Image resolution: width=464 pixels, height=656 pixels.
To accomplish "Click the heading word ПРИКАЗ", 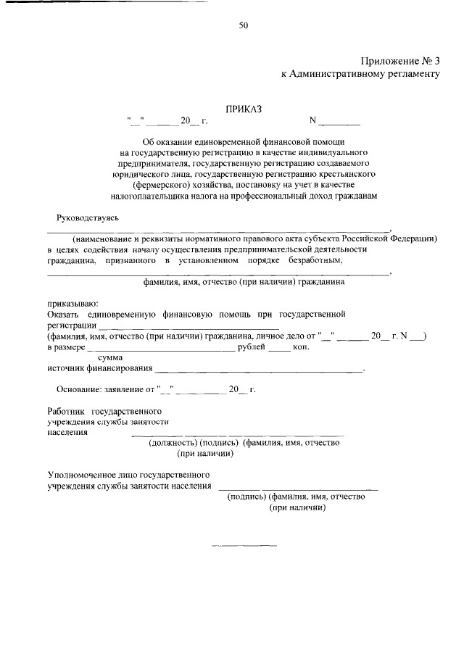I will (x=243, y=109).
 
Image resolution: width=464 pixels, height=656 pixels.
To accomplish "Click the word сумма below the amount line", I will (x=110, y=358).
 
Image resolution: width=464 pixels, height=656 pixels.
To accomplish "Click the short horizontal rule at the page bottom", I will (x=244, y=544).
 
